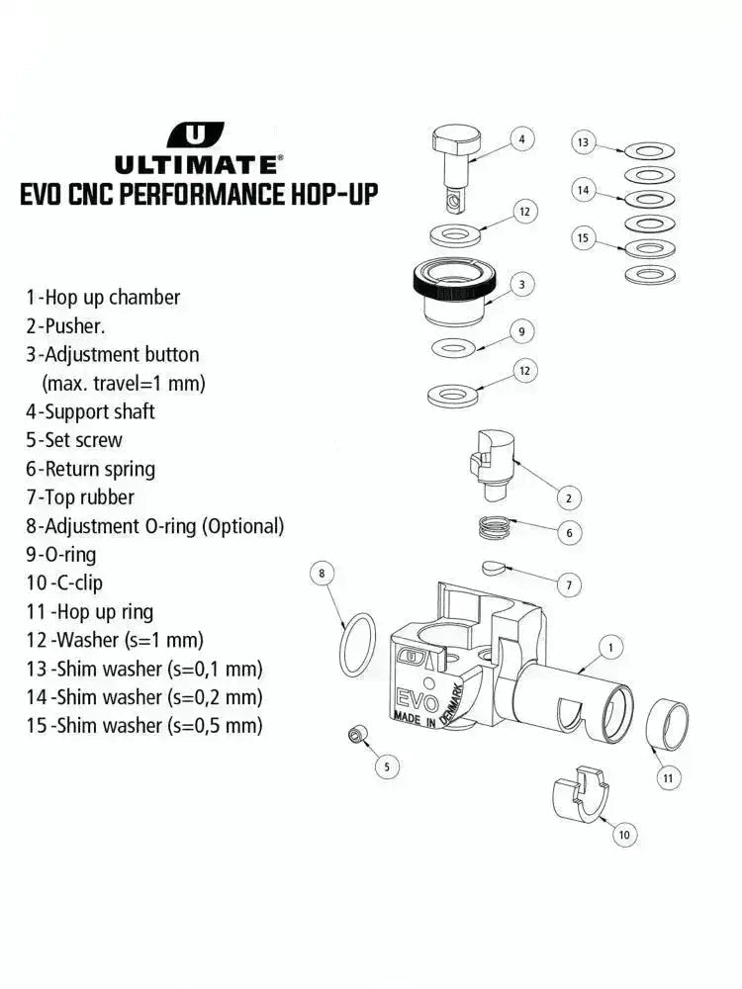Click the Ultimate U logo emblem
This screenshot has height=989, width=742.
[196, 135]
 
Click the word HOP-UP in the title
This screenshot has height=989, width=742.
[325, 193]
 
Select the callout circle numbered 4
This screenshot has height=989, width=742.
[521, 138]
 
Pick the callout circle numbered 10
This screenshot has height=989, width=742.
[623, 836]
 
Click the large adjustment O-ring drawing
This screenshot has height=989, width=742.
[357, 644]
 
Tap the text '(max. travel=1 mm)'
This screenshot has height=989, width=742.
[124, 383]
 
